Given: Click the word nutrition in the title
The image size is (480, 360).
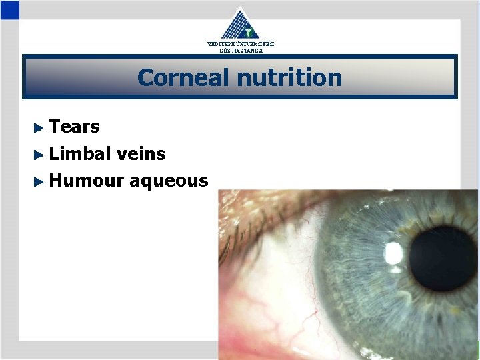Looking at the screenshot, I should (289, 78).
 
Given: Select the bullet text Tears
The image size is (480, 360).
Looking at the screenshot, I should (75, 127).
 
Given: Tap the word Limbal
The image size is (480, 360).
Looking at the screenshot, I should (79, 153).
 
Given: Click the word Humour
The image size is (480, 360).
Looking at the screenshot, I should (86, 180).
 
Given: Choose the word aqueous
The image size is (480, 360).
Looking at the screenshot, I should (169, 181).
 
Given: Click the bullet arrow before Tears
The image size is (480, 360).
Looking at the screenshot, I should (39, 127).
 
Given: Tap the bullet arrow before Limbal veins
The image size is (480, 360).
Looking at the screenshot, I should (39, 154).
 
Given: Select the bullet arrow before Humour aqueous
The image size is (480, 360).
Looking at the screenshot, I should (39, 181).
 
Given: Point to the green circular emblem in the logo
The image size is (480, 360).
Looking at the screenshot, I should (249, 31).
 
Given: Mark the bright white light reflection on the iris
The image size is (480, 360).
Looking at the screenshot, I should (394, 253).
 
